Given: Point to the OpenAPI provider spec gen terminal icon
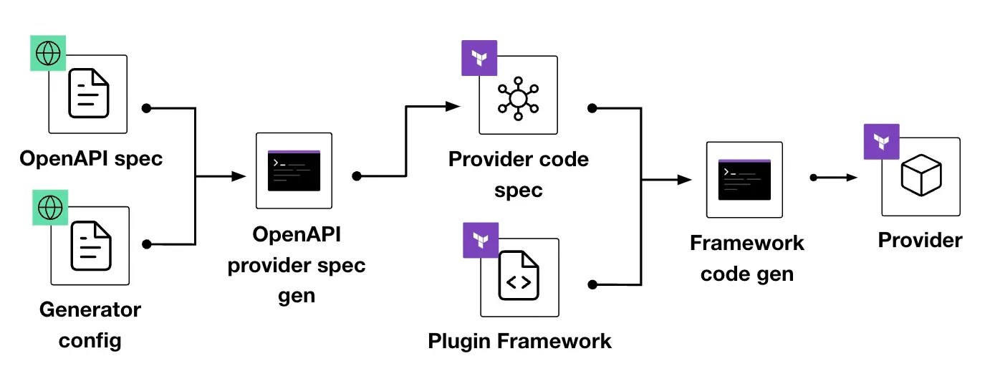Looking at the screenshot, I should [x=294, y=171].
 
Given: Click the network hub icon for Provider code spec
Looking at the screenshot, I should [x=519, y=97].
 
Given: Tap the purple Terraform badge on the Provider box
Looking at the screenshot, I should [x=881, y=141].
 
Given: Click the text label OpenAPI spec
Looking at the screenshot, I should [x=91, y=158].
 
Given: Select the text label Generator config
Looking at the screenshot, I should [x=90, y=325].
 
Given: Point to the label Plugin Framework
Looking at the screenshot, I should [x=519, y=340].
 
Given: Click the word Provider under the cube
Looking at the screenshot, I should [x=920, y=240].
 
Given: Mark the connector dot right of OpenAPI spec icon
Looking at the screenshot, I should [x=147, y=108].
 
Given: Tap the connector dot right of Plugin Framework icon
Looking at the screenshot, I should [x=592, y=284].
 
